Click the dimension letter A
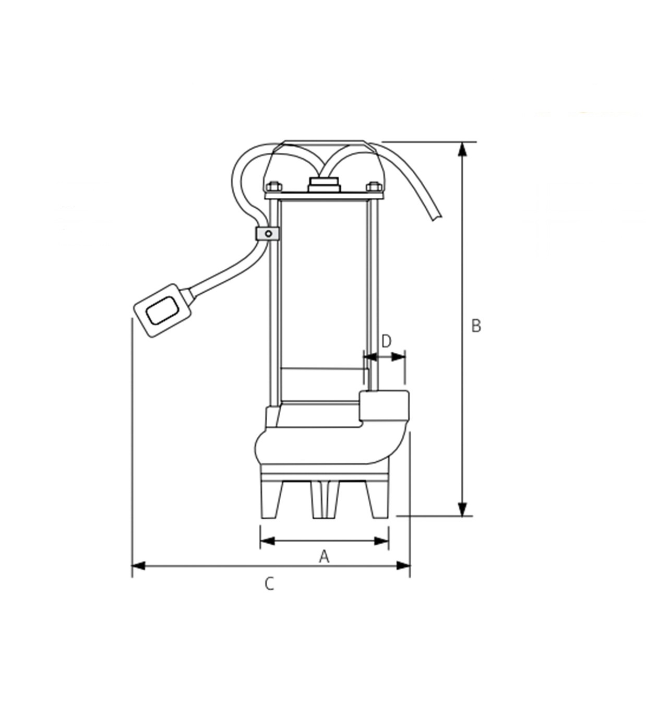[324, 556]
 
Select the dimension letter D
[387, 341]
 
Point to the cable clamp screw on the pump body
[268, 234]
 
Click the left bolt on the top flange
[274, 186]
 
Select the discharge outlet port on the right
[384, 406]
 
